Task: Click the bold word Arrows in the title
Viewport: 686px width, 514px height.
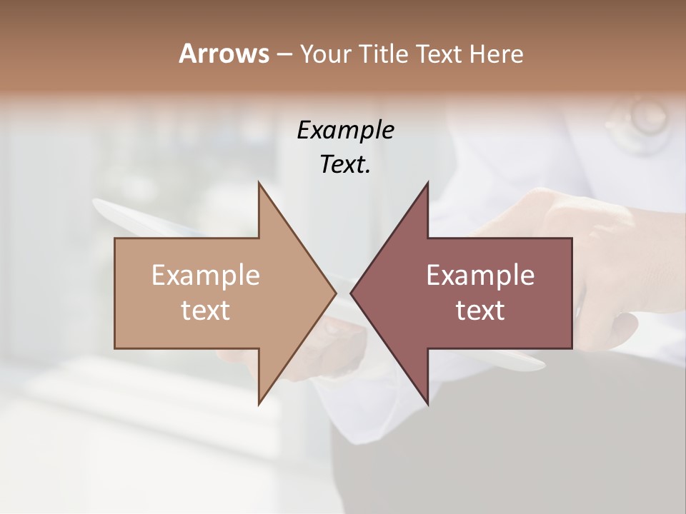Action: click(224, 54)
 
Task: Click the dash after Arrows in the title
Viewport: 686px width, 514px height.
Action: click(284, 54)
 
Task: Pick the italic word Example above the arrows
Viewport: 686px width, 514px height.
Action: click(345, 130)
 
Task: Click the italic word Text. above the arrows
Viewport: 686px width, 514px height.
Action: click(345, 164)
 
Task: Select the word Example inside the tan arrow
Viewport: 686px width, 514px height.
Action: click(206, 276)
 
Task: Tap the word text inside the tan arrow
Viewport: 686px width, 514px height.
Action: click(206, 310)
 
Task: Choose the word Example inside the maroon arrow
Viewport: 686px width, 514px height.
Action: click(480, 276)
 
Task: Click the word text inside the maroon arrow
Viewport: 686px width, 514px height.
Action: click(480, 310)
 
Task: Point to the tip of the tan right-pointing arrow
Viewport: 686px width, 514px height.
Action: click(336, 293)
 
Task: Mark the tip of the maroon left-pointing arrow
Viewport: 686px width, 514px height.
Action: click(351, 293)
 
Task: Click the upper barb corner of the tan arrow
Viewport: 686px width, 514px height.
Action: click(259, 183)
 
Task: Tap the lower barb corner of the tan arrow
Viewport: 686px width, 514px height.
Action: click(259, 403)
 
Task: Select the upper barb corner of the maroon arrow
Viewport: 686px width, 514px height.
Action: click(427, 183)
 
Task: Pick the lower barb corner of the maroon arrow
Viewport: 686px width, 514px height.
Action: click(427, 403)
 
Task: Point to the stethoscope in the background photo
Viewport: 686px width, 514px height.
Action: click(647, 121)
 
